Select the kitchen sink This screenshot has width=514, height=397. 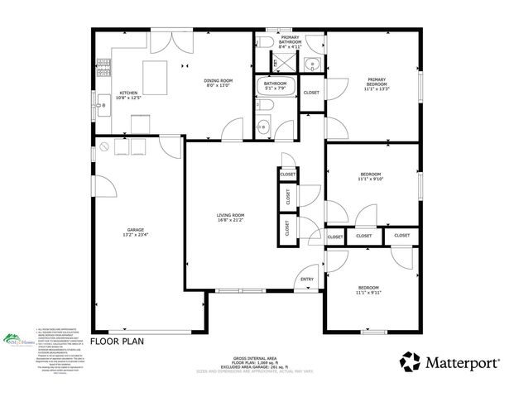click(x=99, y=106)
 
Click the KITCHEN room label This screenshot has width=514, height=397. click(x=128, y=93)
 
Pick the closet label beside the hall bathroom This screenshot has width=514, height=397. click(x=311, y=93)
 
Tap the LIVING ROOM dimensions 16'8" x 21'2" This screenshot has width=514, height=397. click(x=230, y=221)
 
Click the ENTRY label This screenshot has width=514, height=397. click(x=307, y=279)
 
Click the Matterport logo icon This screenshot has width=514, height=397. click(x=411, y=361)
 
